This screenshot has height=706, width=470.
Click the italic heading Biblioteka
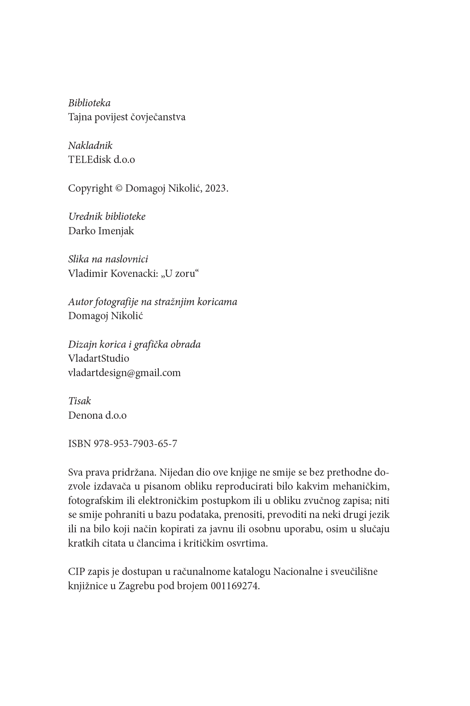click(89, 103)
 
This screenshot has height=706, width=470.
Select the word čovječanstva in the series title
click(158, 117)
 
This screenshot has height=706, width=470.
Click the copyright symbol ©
click(119, 188)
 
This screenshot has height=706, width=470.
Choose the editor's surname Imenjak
click(116, 231)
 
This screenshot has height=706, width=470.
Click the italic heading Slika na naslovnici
click(108, 259)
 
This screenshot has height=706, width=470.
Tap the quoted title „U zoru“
click(179, 274)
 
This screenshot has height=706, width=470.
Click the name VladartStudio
click(99, 359)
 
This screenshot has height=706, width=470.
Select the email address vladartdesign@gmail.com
click(124, 373)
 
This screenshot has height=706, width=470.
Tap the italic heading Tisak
click(80, 401)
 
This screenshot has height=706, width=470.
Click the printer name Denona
click(85, 416)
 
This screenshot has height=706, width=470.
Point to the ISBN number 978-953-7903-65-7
click(135, 444)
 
